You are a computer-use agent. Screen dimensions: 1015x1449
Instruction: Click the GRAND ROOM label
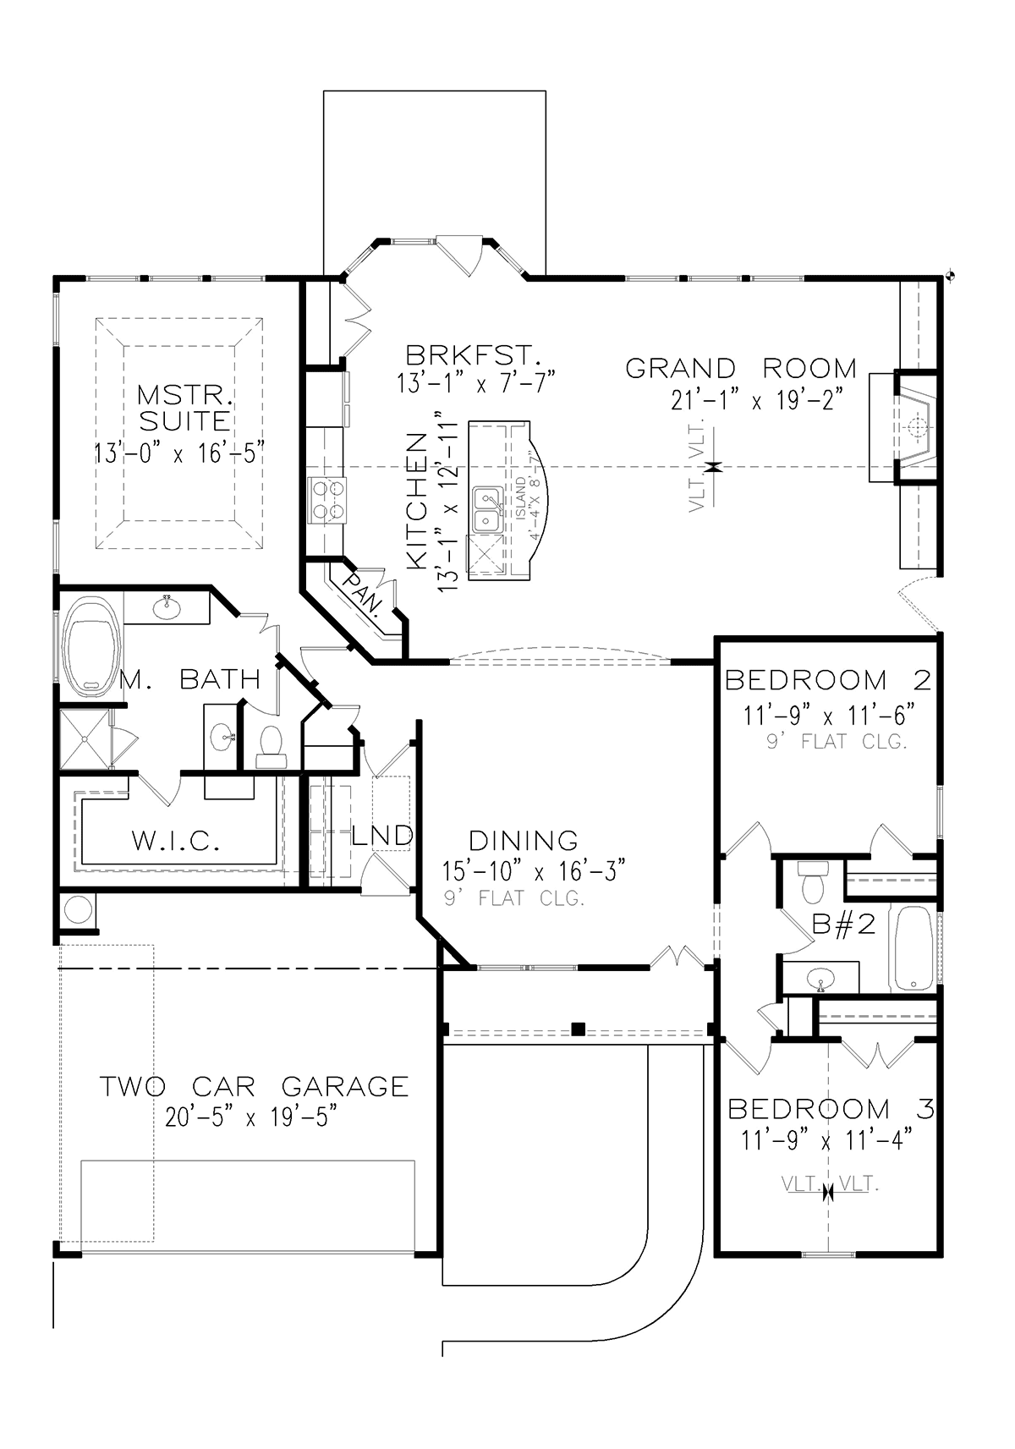[x=741, y=369]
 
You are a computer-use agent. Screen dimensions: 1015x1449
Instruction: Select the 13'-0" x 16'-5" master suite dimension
[x=180, y=453]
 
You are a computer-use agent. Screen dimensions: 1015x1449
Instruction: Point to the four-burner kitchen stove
[x=328, y=501]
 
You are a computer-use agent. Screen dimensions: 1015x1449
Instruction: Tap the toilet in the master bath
[x=271, y=747]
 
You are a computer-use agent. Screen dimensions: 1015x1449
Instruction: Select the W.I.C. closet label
[x=176, y=841]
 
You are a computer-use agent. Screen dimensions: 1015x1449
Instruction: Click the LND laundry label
[x=382, y=835]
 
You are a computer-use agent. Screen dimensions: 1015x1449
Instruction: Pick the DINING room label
[x=524, y=841]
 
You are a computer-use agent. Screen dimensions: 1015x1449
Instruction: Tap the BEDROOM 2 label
[x=829, y=680]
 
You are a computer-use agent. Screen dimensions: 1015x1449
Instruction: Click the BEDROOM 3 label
[x=831, y=1110]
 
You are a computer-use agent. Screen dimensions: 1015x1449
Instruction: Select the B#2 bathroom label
[x=843, y=925]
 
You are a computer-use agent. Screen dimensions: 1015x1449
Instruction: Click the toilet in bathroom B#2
[x=812, y=882]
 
